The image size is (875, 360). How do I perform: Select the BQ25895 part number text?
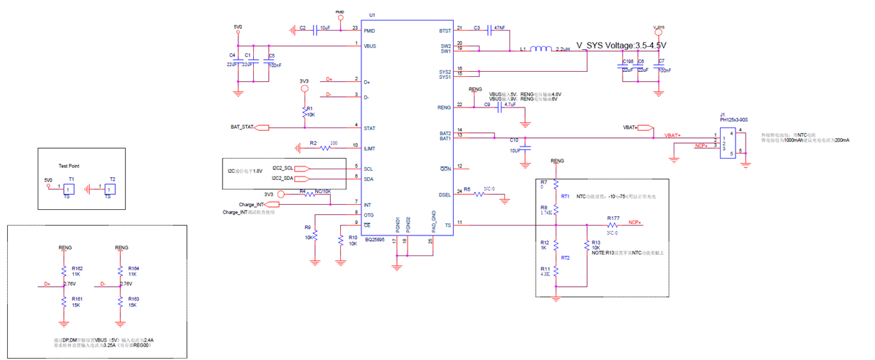[376, 240]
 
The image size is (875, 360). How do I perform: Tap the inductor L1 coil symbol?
[541, 49]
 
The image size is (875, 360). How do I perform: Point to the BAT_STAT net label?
[242, 127]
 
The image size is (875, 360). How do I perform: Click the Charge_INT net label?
[252, 204]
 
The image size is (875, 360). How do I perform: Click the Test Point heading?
[69, 166]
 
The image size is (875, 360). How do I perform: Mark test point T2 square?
[110, 189]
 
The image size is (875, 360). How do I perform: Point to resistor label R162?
[78, 268]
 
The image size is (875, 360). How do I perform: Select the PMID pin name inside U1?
[370, 31]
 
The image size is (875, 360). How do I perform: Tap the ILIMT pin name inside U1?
[370, 147]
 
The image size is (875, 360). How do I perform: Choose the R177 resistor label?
[613, 218]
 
